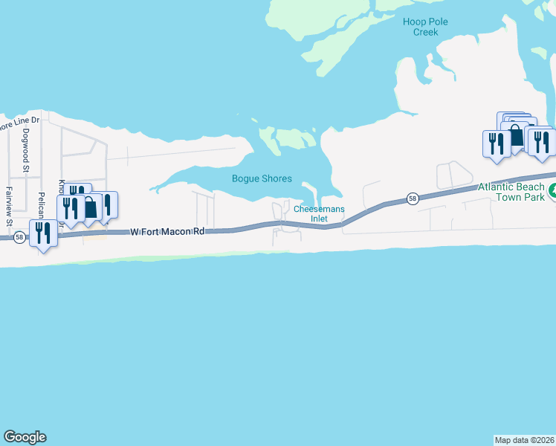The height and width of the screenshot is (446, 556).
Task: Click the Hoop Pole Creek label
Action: [x=425, y=27]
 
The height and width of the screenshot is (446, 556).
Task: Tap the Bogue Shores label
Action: [x=262, y=179]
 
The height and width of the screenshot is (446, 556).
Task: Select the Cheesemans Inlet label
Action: [x=319, y=214]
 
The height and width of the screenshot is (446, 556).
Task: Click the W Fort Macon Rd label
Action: [x=167, y=232]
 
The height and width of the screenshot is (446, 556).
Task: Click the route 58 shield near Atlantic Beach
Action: [x=413, y=198]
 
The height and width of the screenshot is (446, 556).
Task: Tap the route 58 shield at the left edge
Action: [x=19, y=237]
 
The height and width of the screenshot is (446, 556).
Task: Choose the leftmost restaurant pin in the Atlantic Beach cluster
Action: [x=495, y=143]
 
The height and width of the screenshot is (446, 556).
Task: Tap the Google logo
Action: [x=25, y=437]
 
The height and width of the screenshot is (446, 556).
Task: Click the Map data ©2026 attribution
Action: [x=525, y=440]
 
